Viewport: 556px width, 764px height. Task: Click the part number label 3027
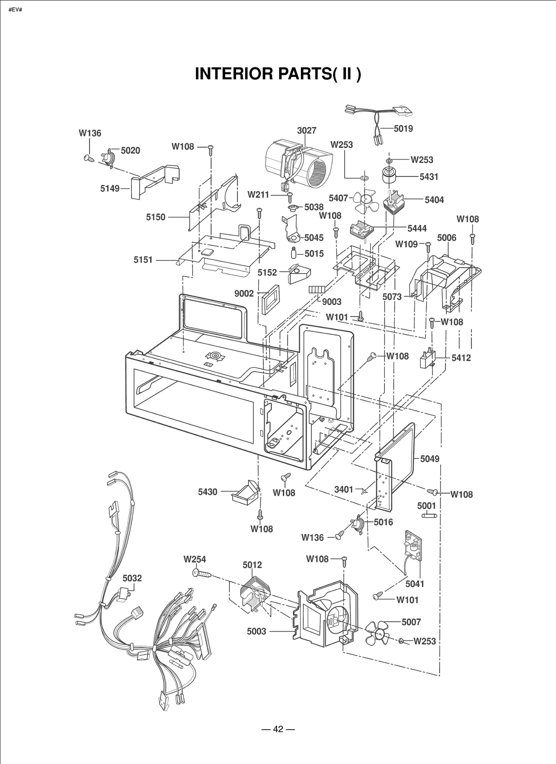click(306, 130)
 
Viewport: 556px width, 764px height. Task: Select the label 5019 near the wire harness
click(403, 129)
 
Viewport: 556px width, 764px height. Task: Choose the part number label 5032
click(132, 578)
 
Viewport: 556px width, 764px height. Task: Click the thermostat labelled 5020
click(108, 157)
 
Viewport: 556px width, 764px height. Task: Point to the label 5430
click(207, 492)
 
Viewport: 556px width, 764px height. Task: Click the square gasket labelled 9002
click(270, 299)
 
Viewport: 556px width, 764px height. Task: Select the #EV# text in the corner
click(15, 9)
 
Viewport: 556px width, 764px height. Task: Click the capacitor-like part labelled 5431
click(391, 176)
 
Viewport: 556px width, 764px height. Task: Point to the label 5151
click(143, 260)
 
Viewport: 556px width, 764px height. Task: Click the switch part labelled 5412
click(427, 359)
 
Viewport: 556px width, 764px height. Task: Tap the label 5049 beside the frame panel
click(430, 459)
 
